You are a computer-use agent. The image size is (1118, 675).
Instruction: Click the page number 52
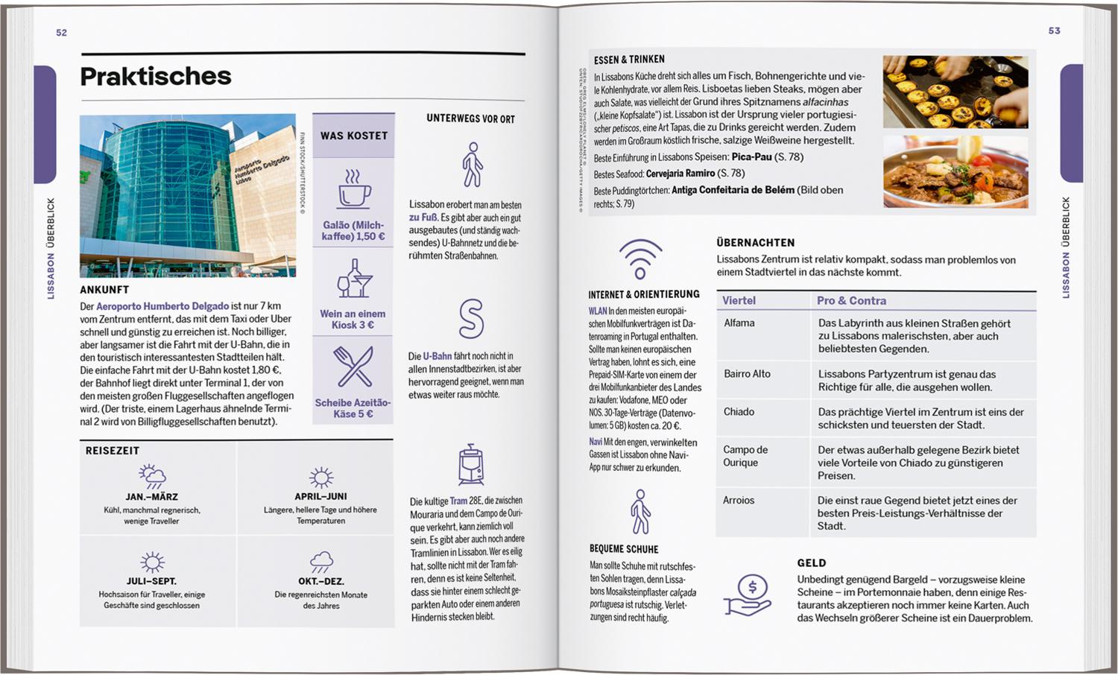[x=61, y=33]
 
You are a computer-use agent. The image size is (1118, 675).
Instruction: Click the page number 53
[x=1054, y=31]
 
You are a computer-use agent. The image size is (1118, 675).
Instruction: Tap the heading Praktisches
[x=156, y=76]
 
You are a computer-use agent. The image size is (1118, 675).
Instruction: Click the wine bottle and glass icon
[x=354, y=279]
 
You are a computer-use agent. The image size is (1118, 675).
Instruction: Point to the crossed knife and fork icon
[x=353, y=367]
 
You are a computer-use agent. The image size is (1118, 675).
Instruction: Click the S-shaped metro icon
[x=471, y=319]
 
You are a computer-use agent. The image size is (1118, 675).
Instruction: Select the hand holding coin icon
[x=748, y=596]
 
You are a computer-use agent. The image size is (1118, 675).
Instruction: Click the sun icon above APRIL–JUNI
[x=321, y=478]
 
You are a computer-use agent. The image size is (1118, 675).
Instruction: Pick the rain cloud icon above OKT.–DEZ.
[x=321, y=562]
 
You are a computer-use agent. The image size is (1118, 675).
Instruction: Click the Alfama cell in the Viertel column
[x=739, y=323]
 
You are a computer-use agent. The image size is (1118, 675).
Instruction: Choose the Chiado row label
[x=739, y=412]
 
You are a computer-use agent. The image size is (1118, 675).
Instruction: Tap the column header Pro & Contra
[x=851, y=301]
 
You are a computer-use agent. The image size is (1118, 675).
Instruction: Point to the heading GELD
[x=812, y=563]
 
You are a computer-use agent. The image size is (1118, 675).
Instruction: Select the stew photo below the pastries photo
[x=956, y=171]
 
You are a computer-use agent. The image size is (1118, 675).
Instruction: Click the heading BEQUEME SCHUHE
[x=624, y=549]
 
